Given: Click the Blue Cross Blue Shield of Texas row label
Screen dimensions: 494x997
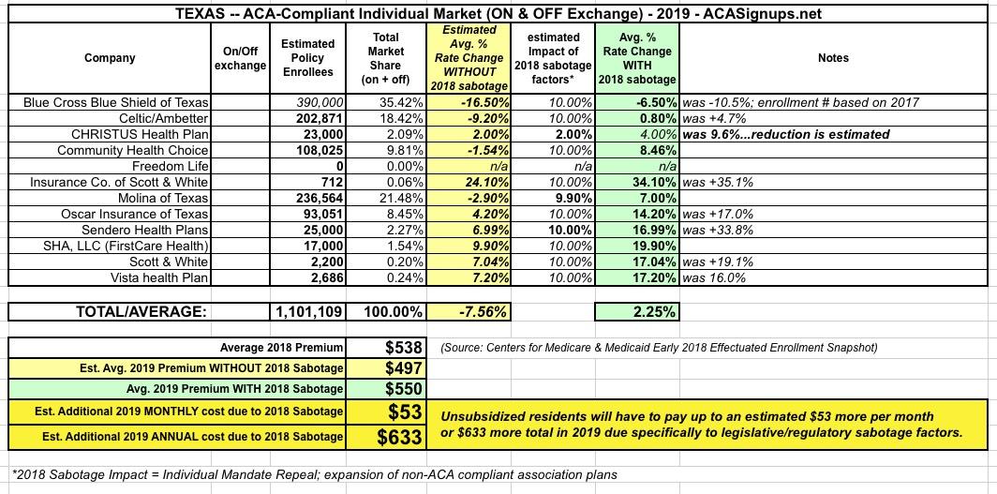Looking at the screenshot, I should point(117,102).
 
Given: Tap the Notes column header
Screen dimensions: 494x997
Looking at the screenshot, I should point(832,58).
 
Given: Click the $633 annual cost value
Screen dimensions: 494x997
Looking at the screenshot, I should point(402,436).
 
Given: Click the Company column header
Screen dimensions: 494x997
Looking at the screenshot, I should point(110,58).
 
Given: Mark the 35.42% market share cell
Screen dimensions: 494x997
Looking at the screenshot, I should point(386,102).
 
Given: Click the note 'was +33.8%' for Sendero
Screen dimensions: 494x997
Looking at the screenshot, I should point(719,231).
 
